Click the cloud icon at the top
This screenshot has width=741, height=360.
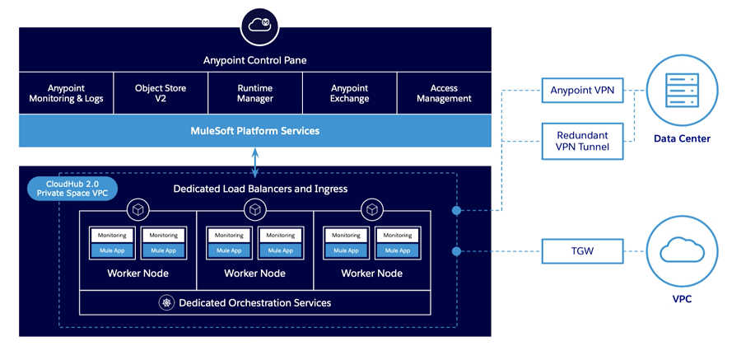[255, 26]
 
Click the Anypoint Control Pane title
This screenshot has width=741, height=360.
[255, 60]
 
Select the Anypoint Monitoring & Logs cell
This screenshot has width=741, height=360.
[68, 93]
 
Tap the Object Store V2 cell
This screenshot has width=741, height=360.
[161, 93]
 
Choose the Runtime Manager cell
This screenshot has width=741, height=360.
[255, 93]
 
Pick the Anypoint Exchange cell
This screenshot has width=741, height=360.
[350, 93]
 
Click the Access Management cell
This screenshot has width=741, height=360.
[444, 93]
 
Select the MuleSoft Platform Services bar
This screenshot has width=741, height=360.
[255, 131]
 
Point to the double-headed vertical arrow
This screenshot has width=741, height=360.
[255, 162]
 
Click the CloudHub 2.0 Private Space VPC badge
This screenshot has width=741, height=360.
[72, 189]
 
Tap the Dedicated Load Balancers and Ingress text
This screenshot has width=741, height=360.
[260, 189]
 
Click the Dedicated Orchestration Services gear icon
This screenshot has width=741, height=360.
[166, 303]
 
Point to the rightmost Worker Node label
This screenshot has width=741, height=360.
[372, 274]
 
